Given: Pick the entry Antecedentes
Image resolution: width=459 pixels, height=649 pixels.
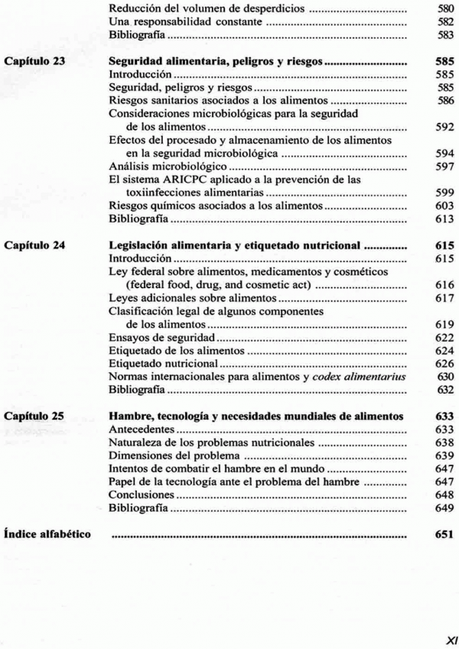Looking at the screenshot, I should click(141, 430).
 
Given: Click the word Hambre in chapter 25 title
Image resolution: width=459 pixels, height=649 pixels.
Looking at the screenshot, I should click(131, 416).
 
